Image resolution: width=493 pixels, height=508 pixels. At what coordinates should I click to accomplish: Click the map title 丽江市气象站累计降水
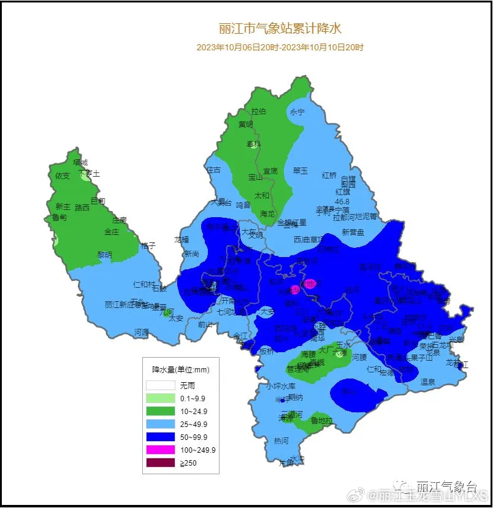click(x=280, y=28)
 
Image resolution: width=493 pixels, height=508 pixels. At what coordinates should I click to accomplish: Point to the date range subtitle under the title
click(x=280, y=47)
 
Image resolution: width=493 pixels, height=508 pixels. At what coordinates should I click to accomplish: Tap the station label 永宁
click(x=297, y=112)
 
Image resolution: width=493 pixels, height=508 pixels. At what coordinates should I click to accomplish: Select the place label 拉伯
click(x=259, y=112)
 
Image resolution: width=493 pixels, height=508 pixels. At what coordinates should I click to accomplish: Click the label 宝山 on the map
click(x=255, y=177)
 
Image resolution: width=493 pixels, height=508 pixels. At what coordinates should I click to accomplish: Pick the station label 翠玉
click(x=300, y=171)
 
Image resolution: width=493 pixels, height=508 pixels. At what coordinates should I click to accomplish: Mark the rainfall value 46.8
click(x=342, y=201)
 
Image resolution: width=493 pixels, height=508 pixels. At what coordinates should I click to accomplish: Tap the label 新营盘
click(x=353, y=233)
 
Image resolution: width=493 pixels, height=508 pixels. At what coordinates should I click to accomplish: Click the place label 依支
click(x=63, y=175)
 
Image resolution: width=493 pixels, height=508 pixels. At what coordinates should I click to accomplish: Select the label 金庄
click(x=112, y=232)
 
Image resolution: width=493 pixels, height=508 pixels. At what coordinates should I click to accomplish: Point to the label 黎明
click(x=105, y=255)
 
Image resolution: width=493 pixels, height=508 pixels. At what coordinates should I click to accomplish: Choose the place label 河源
click(x=142, y=333)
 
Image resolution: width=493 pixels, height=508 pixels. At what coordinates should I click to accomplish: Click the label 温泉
click(x=427, y=382)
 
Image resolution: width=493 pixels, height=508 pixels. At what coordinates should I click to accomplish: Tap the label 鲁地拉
click(x=321, y=421)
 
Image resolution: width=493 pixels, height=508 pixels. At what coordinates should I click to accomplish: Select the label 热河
click(x=281, y=441)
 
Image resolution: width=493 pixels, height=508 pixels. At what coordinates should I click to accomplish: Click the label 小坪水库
click(x=281, y=386)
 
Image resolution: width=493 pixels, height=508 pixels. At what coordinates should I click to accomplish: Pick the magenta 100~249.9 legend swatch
click(x=160, y=450)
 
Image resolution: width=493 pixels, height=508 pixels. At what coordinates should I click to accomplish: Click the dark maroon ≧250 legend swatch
click(x=160, y=463)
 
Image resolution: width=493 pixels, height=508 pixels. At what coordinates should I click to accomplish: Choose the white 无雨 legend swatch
click(x=160, y=385)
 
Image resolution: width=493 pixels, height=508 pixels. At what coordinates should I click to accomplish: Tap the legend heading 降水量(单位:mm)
click(x=180, y=370)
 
